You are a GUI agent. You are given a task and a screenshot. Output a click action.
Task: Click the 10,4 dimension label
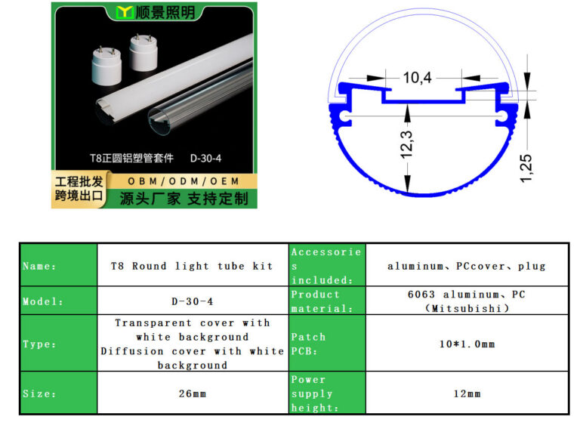[417, 78]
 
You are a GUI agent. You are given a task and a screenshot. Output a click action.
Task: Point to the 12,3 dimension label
[406, 144]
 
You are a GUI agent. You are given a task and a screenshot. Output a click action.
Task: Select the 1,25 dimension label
[526, 168]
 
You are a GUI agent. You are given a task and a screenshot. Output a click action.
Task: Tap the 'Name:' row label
[39, 266]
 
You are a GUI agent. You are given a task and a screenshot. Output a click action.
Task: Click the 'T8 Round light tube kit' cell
[192, 266]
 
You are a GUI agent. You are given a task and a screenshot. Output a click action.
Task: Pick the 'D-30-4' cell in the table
[193, 301]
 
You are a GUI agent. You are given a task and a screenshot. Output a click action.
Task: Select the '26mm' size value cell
[193, 393]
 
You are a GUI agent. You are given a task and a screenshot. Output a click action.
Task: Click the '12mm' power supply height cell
[467, 393]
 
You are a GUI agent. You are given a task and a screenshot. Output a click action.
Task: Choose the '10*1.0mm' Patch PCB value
[467, 344]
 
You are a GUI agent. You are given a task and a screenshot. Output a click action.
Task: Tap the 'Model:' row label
[43, 301]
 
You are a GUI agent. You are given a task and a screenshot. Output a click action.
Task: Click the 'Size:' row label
[39, 393]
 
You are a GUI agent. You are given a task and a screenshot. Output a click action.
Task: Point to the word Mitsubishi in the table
[467, 308]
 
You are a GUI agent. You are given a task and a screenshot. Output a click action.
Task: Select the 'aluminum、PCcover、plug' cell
[467, 266]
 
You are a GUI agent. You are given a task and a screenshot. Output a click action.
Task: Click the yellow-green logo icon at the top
[125, 13]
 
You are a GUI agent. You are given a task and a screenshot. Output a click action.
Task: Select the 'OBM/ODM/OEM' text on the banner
[184, 181]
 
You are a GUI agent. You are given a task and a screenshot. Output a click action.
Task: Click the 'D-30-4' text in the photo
[205, 159]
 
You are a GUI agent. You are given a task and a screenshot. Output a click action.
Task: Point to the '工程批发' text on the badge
[79, 181]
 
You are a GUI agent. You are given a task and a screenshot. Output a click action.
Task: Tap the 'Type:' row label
[39, 344]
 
